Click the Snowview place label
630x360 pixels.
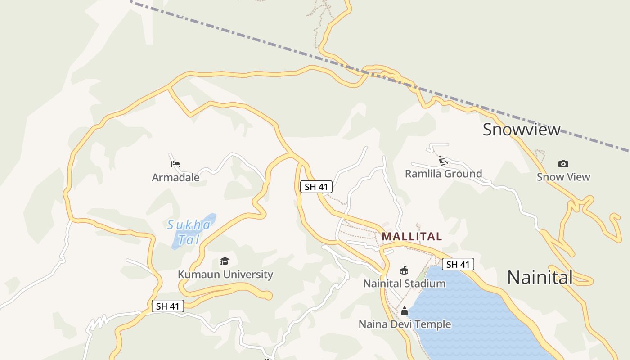522,130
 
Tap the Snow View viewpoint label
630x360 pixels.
563,177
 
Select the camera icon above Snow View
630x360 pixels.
563,164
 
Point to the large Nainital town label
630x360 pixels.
540,277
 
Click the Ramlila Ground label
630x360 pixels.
443,174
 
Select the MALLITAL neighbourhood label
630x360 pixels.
412,236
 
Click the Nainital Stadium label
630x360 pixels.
404,283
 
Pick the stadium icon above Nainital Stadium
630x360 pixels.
404,270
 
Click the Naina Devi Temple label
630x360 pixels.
405,324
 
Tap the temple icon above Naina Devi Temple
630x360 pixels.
404,311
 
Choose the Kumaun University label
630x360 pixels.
225,274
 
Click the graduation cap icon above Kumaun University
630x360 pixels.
225,261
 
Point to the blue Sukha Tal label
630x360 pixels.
189,232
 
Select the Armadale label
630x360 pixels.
175,177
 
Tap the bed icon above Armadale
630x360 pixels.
175,164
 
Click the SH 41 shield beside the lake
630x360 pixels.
458,264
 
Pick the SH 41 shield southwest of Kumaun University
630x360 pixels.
168,306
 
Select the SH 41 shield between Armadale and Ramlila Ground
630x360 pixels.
316,186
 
